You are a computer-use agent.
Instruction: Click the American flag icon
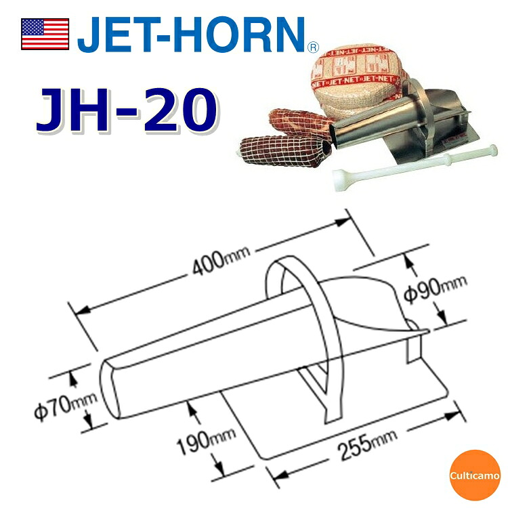45,34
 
